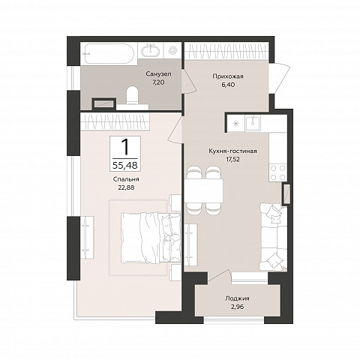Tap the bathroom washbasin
click(x=151, y=51)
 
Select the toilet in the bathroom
click(x=133, y=95)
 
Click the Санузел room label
click(x=159, y=74)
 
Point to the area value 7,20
click(x=158, y=82)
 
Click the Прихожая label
click(x=228, y=76)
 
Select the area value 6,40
click(x=228, y=85)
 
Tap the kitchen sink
click(x=253, y=123)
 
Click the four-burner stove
click(x=278, y=172)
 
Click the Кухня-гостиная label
click(x=232, y=151)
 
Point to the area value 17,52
click(x=232, y=160)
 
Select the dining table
click(x=204, y=191)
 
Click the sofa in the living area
click(x=273, y=237)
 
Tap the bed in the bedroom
click(x=151, y=238)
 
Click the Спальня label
click(x=126, y=179)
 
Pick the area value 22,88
click(x=126, y=187)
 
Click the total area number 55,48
click(x=125, y=166)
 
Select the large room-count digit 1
click(x=125, y=147)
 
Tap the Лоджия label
click(x=237, y=298)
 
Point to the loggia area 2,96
click(x=237, y=307)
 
